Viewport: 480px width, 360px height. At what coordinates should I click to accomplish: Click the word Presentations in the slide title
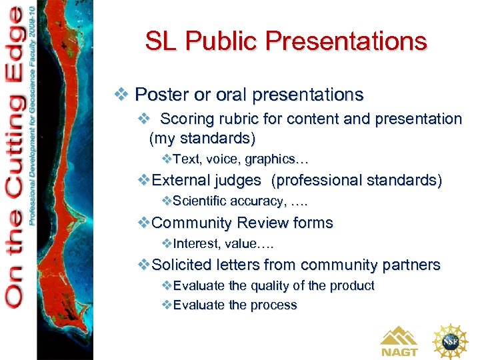[x=346, y=41]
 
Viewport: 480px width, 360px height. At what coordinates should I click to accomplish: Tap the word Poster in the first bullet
[x=157, y=95]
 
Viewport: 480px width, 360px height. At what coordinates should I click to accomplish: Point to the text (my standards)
[x=202, y=139]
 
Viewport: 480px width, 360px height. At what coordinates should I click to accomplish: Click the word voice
[x=223, y=159]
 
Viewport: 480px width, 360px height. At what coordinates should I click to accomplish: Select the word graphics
[x=273, y=159]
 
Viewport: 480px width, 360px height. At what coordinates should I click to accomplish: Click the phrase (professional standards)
[x=357, y=181]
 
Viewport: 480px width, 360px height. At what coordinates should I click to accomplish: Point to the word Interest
[x=194, y=243]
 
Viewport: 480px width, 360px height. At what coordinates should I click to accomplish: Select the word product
[x=352, y=285]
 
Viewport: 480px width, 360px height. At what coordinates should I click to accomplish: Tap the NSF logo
[x=451, y=341]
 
